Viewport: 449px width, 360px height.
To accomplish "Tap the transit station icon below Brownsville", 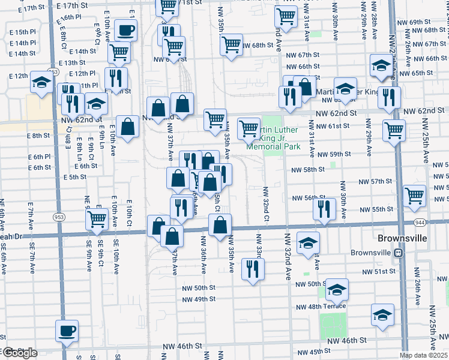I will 397,253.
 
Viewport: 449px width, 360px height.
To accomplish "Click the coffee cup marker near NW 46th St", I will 67,330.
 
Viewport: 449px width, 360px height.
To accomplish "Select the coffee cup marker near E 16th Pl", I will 126,29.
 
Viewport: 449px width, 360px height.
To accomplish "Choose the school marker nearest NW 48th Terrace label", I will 337,290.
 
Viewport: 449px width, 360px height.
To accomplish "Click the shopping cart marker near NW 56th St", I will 414,195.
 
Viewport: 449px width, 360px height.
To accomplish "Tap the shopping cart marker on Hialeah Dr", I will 96,220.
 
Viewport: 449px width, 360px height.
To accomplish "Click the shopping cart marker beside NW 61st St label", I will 394,130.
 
